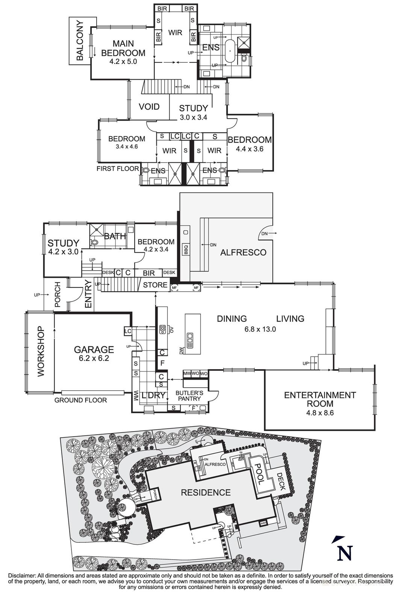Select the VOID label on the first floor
coord(149,107)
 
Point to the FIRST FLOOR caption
coord(118,169)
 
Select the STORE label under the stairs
coord(155,285)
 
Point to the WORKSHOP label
coord(41,351)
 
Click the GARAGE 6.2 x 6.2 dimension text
coord(94,358)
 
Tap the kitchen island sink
coord(190,337)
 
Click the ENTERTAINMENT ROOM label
coord(319,399)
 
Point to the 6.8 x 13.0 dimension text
coord(260,329)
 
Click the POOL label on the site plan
coord(259,471)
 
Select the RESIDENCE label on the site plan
coord(206,492)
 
